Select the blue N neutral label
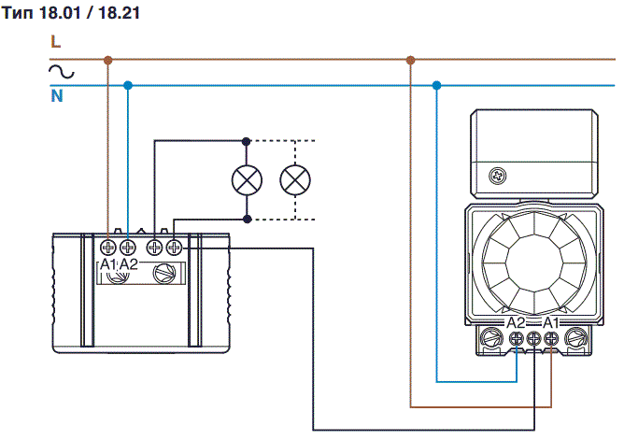pyautogui.click(x=56, y=95)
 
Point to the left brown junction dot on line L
pyautogui.click(x=108, y=60)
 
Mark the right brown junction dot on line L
pyautogui.click(x=410, y=60)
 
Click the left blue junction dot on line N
pyautogui.click(x=128, y=85)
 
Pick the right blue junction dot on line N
pyautogui.click(x=437, y=85)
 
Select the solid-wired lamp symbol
pyautogui.click(x=247, y=179)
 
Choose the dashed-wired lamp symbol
pyautogui.click(x=295, y=179)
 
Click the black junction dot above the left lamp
pyautogui.click(x=247, y=142)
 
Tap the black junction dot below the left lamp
pyautogui.click(x=247, y=219)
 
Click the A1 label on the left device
pyautogui.click(x=108, y=265)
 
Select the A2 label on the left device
pyautogui.click(x=129, y=265)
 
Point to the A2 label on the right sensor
pyautogui.click(x=516, y=322)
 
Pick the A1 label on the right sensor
pyautogui.click(x=551, y=322)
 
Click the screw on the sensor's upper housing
pyautogui.click(x=496, y=175)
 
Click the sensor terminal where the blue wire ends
pyautogui.click(x=518, y=340)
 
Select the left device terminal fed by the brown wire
pyautogui.click(x=108, y=248)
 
